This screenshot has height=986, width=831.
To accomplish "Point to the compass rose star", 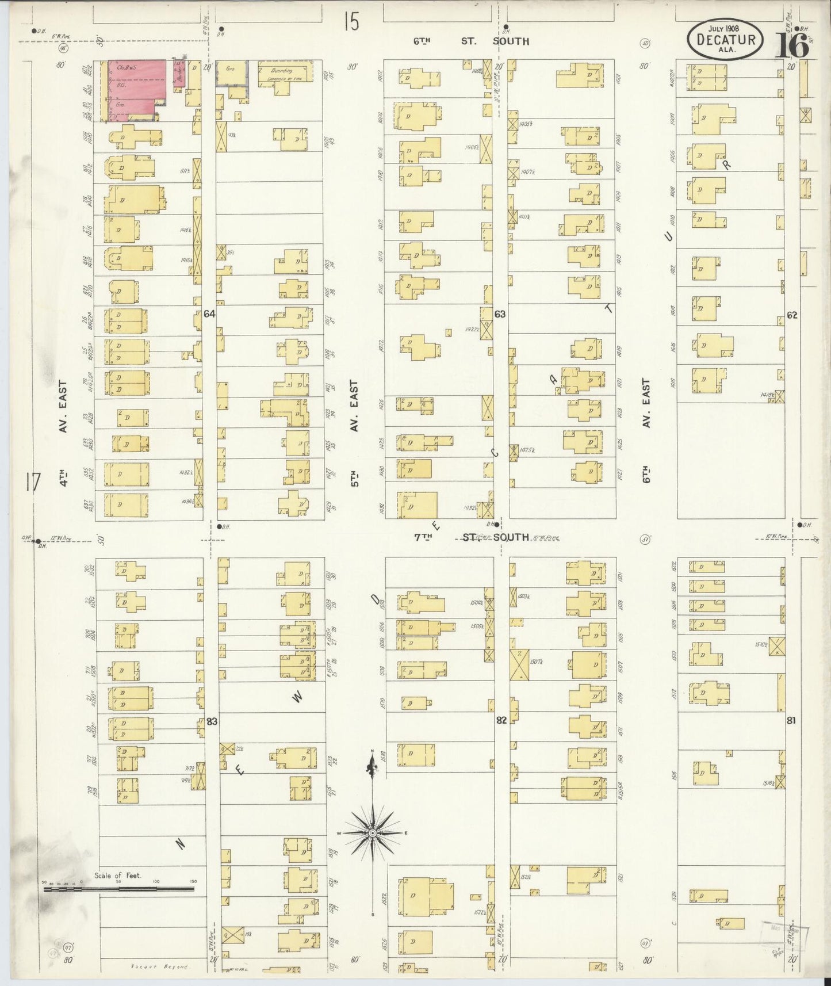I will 373,832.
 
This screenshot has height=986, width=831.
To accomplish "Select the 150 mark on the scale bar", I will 193,881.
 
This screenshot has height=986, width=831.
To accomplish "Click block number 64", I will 209,314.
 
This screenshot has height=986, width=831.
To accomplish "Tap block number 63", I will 500,314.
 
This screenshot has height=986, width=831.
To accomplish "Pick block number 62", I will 792,315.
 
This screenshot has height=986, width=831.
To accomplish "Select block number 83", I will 212,721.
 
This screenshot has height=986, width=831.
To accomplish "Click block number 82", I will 501,720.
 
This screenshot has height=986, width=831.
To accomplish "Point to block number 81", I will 791,719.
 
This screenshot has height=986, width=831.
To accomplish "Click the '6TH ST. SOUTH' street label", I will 471,41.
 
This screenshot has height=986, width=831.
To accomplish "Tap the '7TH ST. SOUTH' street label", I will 471,537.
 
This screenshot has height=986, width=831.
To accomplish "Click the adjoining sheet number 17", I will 32,482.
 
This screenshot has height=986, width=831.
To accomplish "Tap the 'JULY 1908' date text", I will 724,28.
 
